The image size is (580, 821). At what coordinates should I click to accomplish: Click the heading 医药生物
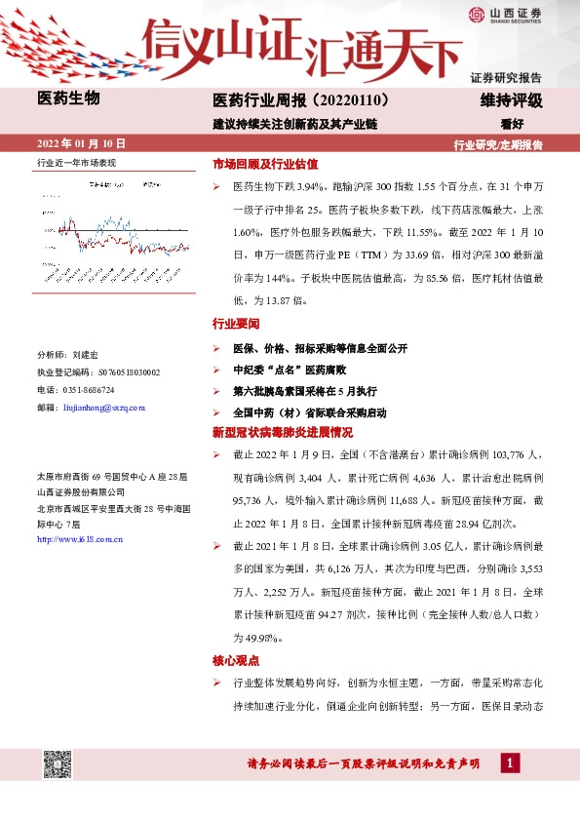[67, 98]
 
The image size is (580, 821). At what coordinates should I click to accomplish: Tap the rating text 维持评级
[511, 100]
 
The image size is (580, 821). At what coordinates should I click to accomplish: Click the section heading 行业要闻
[236, 323]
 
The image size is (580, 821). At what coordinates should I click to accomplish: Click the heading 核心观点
[236, 660]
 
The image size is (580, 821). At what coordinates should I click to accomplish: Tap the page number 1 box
[509, 762]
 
